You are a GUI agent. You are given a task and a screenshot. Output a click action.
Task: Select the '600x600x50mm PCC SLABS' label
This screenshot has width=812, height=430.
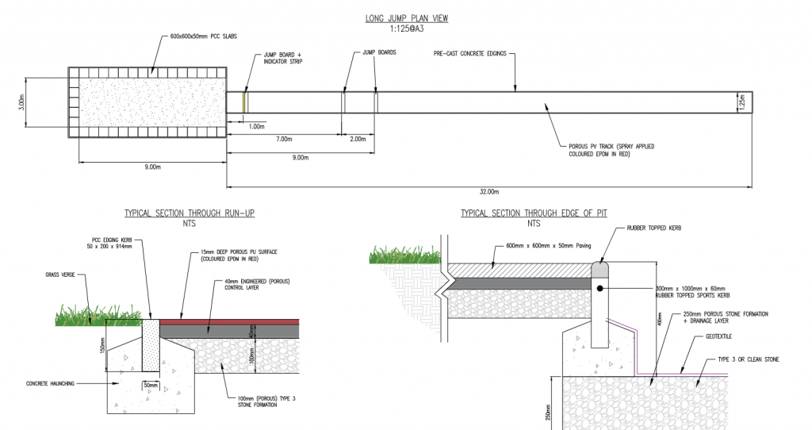click(204, 36)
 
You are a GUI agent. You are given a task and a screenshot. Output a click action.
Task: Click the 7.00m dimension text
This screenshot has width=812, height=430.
click(285, 139)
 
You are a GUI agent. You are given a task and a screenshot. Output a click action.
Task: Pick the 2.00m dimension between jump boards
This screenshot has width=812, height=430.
click(358, 139)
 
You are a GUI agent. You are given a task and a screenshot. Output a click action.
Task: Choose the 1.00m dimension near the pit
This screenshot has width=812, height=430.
click(256, 126)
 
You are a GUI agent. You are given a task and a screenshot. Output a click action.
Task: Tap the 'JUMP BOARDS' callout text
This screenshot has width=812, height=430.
click(379, 52)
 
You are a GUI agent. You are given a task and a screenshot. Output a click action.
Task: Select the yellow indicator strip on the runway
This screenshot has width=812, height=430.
click(245, 102)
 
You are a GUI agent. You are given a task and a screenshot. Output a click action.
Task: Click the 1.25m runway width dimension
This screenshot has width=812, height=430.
click(741, 103)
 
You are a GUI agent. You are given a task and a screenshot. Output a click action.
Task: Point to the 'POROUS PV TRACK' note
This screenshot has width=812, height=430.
click(611, 151)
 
